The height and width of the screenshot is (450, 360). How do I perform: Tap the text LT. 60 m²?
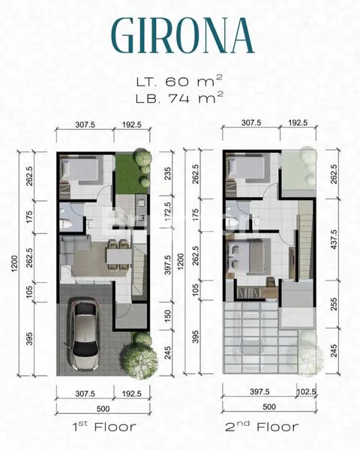(180, 81)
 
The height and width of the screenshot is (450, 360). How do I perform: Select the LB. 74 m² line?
(180, 97)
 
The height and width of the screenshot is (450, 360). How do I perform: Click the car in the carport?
(85, 336)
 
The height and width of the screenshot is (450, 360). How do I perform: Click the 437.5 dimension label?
(332, 234)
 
